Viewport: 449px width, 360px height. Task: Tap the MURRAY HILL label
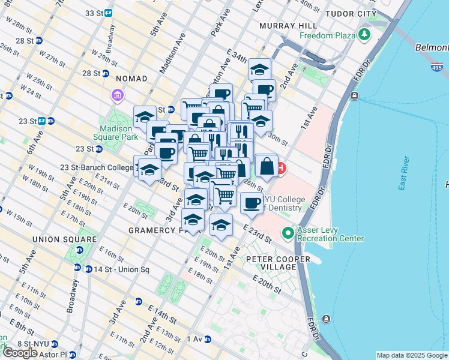(x=283, y=26)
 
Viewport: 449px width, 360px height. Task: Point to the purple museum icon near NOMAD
(x=116, y=95)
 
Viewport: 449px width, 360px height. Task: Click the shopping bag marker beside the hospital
(x=267, y=166)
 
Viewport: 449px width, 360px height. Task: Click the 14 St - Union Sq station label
(x=111, y=269)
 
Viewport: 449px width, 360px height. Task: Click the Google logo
(x=21, y=353)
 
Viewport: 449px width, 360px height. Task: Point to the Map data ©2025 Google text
(x=411, y=355)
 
